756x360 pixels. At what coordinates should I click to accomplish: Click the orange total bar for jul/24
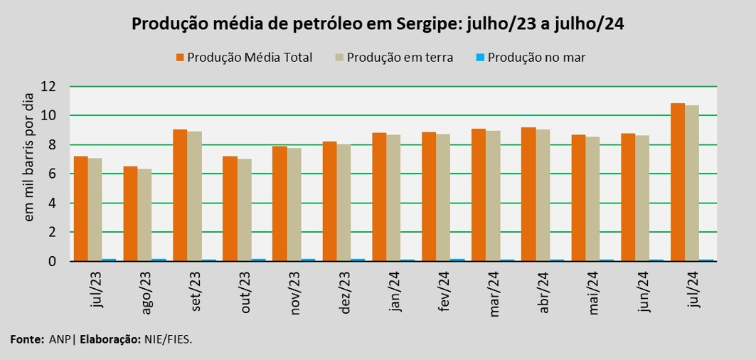[678, 183]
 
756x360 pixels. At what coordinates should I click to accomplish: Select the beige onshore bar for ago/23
[144, 215]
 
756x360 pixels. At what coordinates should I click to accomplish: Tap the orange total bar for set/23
[180, 196]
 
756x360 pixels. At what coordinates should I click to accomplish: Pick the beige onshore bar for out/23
[244, 210]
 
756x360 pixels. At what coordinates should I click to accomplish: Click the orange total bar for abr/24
[528, 194]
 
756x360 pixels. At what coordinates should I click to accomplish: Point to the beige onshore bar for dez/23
[344, 203]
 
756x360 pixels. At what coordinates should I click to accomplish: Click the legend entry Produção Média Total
[249, 58]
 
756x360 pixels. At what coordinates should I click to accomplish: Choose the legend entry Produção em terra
[399, 58]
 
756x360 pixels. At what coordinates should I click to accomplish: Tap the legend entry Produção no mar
[536, 58]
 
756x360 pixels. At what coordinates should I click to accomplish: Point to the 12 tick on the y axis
[48, 87]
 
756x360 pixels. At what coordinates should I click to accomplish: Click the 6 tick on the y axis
[52, 174]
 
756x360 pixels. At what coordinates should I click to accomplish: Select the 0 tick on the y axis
[52, 261]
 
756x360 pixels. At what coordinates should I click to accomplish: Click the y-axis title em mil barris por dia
[29, 157]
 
